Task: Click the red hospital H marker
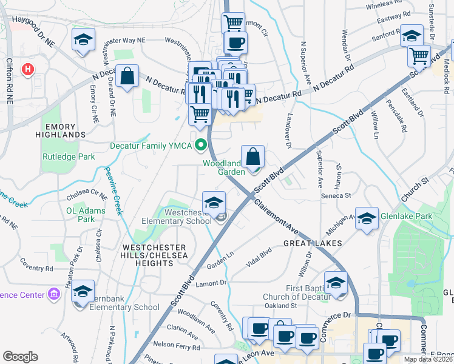(x=27, y=70)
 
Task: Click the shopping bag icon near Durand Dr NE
(x=127, y=76)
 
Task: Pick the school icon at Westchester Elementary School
(x=214, y=203)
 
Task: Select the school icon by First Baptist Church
(x=336, y=282)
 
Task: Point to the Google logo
(x=20, y=357)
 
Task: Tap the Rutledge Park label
(x=69, y=156)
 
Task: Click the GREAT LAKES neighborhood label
(x=313, y=243)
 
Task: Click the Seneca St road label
(x=339, y=195)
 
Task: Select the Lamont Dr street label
(x=211, y=283)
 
